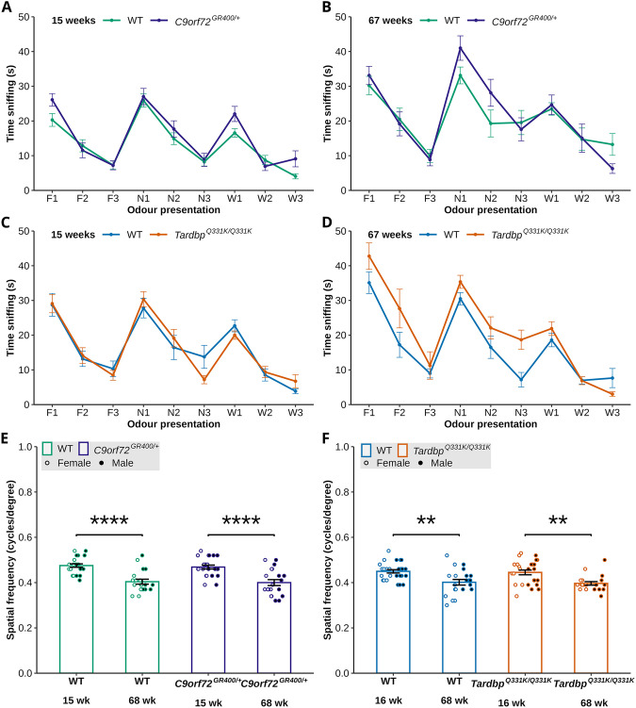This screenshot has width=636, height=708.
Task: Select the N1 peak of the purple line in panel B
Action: (461, 47)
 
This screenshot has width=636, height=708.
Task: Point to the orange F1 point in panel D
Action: (369, 255)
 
